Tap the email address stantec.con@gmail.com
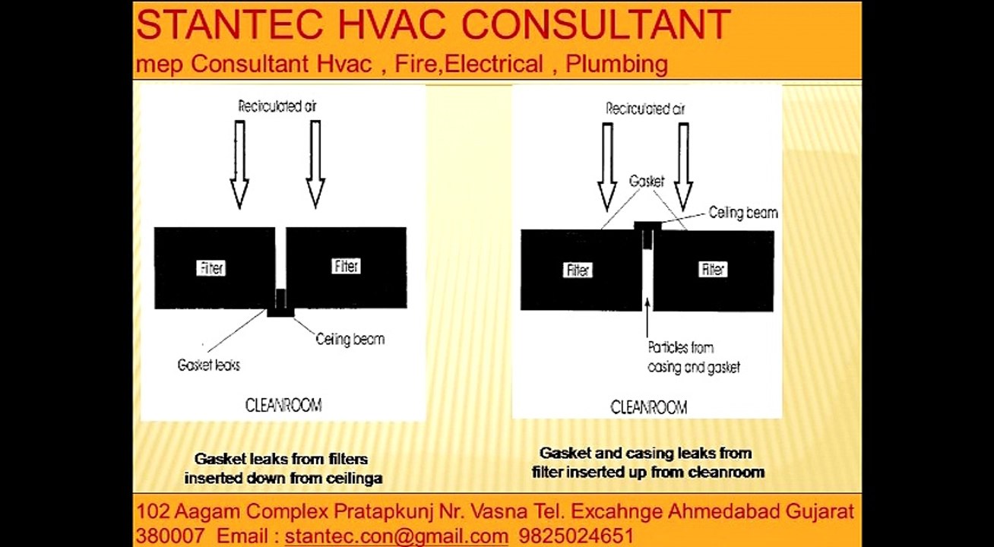[396, 536]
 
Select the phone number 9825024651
[575, 536]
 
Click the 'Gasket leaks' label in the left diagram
[208, 365]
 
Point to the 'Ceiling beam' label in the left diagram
[350, 340]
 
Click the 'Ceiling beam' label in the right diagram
[743, 213]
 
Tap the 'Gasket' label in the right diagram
[647, 181]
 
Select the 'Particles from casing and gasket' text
[694, 357]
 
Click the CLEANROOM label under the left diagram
[283, 405]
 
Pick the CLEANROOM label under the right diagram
[649, 406]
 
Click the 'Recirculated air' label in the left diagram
[277, 106]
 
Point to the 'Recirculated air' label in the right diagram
[646, 109]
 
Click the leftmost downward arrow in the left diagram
[239, 165]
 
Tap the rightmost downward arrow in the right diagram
[683, 167]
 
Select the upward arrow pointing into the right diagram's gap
[647, 318]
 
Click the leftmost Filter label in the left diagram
[211, 268]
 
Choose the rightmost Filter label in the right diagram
[713, 269]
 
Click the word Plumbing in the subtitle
[617, 65]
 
